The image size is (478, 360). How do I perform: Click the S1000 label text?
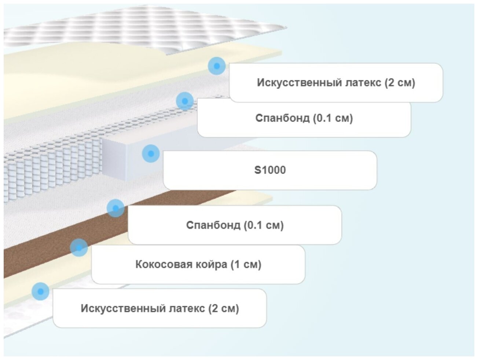(270, 170)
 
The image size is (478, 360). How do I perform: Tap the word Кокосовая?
(161, 264)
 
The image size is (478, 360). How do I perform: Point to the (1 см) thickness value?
(246, 264)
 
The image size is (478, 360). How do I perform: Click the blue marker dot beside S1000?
(151, 153)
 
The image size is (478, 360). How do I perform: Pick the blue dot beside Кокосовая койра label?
(79, 248)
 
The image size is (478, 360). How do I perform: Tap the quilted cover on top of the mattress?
(147, 27)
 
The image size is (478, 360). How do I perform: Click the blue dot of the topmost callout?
(217, 66)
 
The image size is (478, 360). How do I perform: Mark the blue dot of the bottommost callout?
(40, 292)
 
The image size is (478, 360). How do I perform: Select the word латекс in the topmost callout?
(364, 82)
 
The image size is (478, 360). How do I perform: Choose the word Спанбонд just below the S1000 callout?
(213, 225)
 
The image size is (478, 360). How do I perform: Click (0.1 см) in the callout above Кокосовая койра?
(264, 225)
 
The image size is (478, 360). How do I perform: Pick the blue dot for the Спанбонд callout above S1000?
(185, 101)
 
